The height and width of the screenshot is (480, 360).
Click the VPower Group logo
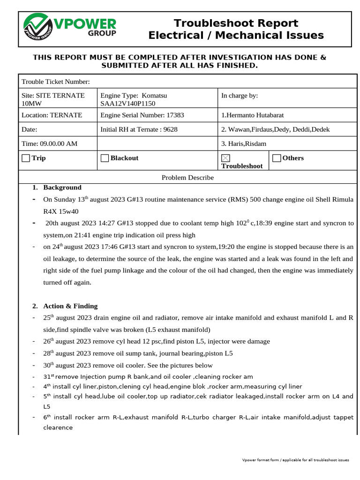click(x=70, y=28)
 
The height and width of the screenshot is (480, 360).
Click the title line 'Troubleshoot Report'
click(x=236, y=23)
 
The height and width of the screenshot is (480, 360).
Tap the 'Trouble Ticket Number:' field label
click(x=55, y=82)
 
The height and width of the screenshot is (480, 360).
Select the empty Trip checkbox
click(x=26, y=158)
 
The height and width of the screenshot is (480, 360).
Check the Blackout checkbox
click(x=105, y=158)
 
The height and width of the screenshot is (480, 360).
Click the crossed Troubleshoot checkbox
click(x=225, y=158)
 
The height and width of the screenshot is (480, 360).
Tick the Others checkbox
click(x=277, y=158)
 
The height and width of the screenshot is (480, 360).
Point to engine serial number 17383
click(x=175, y=115)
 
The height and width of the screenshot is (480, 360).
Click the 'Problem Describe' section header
click(x=187, y=178)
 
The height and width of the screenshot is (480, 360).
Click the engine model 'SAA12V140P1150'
click(x=127, y=104)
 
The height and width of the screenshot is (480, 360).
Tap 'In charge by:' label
click(x=239, y=96)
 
